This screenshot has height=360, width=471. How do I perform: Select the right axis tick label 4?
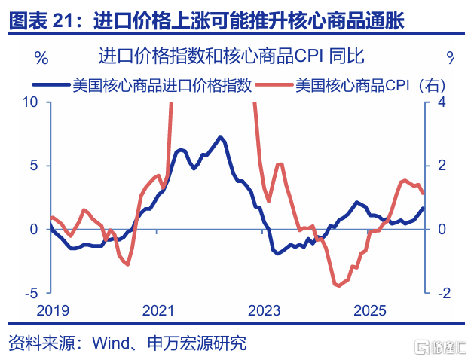tap(442, 102)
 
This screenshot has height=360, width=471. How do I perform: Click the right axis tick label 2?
tap(442, 165)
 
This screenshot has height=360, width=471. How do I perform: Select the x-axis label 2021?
tap(158, 310)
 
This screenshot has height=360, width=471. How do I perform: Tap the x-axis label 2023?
tap(264, 310)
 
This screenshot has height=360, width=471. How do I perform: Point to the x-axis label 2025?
tap(370, 310)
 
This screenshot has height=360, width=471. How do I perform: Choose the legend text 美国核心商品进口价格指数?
tap(161, 85)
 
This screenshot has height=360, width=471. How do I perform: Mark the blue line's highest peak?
tap(220, 136)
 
